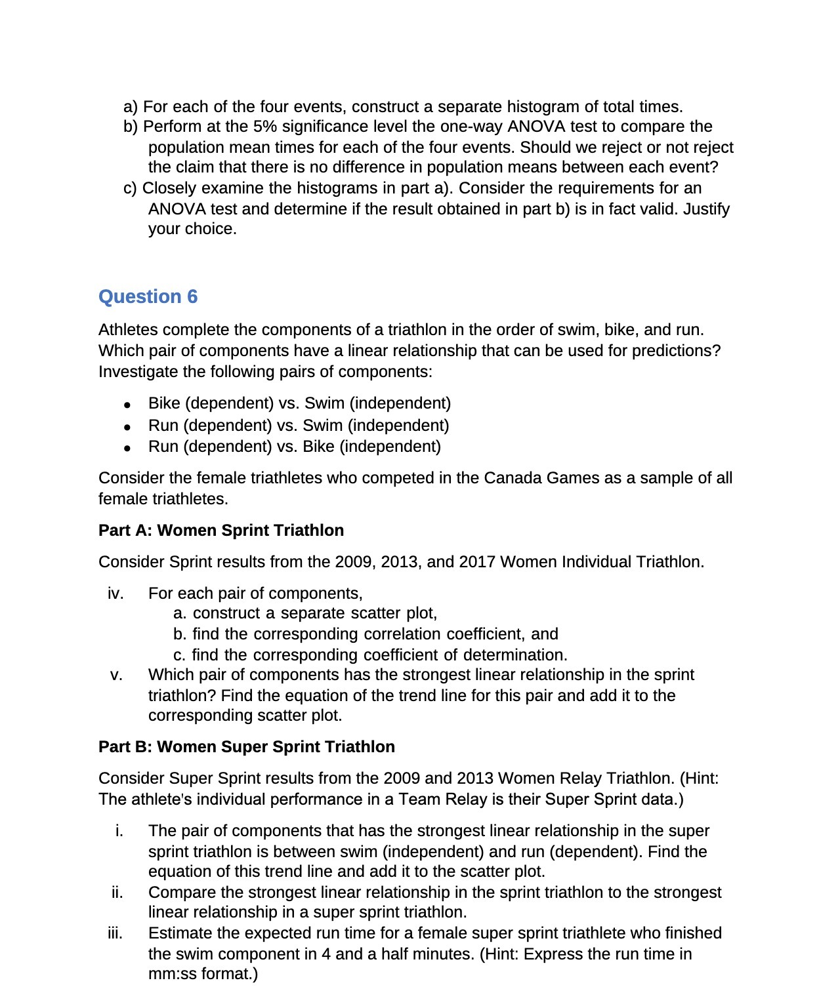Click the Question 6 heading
[x=148, y=297]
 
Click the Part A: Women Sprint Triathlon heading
[x=220, y=531]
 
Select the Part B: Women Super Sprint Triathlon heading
[x=246, y=747]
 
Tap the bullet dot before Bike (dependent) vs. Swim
[x=127, y=405]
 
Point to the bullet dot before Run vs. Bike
[x=127, y=448]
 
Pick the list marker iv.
[x=115, y=594]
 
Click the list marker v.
[x=117, y=675]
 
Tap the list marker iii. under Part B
[x=115, y=933]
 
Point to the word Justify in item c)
[x=706, y=209]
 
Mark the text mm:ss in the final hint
[x=173, y=974]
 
